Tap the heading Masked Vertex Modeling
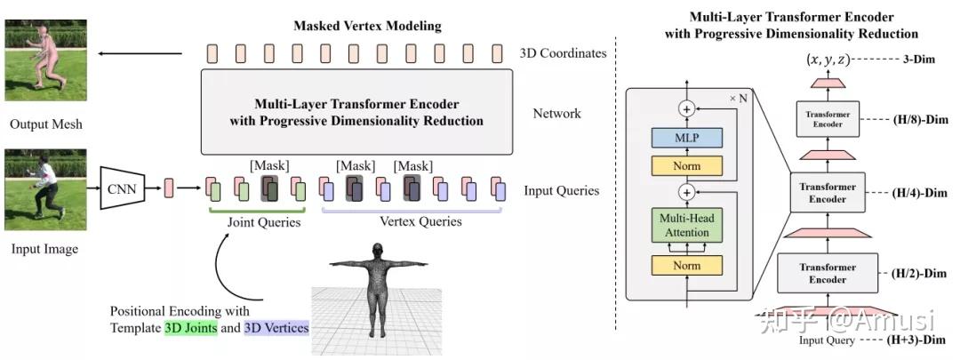pyautogui.click(x=367, y=26)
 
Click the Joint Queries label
pyautogui.click(x=257, y=222)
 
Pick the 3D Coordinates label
pyautogui.click(x=564, y=52)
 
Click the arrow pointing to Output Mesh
pyautogui.click(x=141, y=53)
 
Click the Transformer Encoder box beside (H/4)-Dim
pyautogui.click(x=828, y=194)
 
